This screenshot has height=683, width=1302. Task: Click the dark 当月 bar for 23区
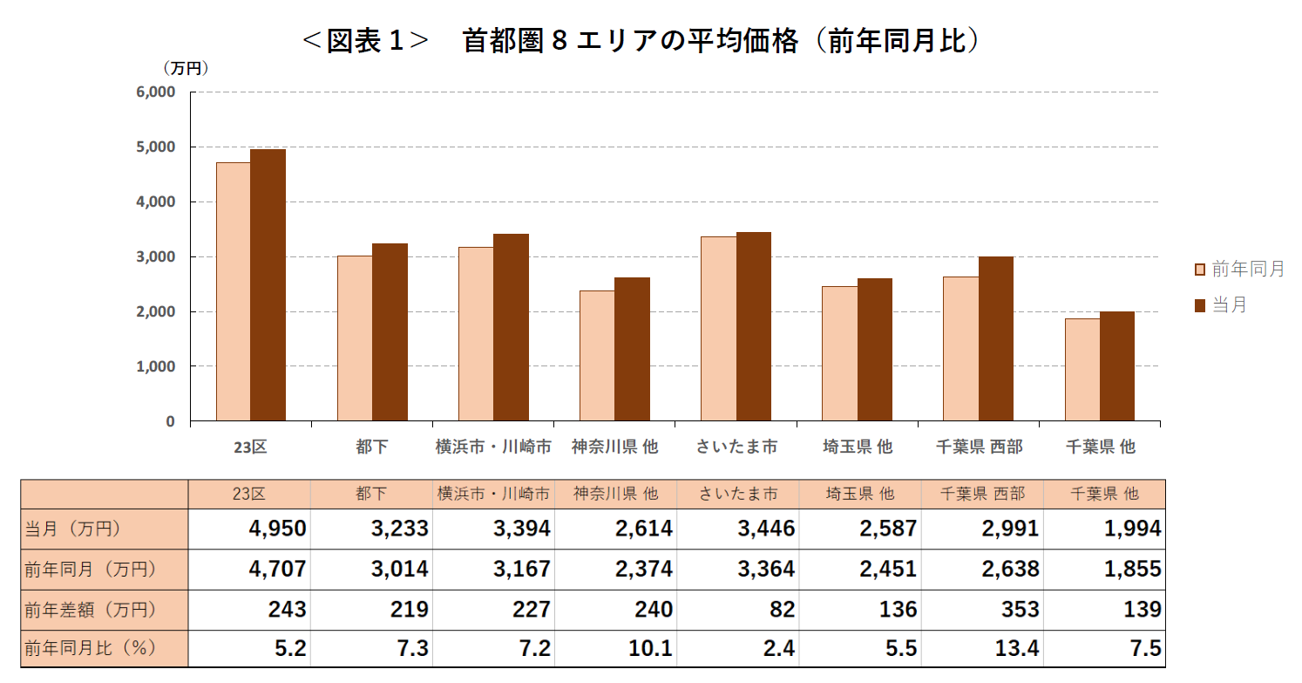268,285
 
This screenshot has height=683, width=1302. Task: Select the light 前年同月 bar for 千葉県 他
1082,370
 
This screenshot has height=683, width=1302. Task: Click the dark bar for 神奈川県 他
632,349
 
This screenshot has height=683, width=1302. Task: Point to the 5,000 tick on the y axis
156,147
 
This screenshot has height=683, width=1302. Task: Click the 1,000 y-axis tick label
156,366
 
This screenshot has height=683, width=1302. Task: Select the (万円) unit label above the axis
186,67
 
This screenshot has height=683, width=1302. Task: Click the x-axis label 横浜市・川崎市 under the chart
493,447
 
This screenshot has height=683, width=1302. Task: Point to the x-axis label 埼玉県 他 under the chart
858,447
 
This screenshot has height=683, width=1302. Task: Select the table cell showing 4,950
249,529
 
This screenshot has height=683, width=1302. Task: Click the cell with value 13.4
982,650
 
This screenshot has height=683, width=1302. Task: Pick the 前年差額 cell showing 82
738,610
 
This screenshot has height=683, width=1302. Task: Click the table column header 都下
371,494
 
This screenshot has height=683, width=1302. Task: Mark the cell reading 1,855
1104,569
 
